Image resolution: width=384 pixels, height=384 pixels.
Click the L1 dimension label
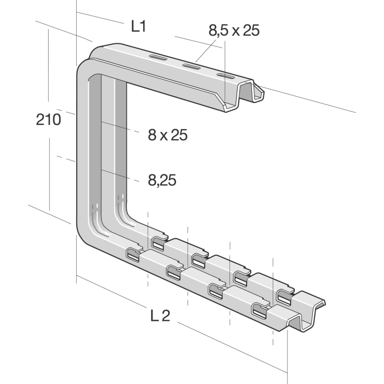point(138,27)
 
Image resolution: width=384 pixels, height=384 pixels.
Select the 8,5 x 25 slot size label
point(234,30)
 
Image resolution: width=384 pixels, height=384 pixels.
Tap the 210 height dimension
point(48,120)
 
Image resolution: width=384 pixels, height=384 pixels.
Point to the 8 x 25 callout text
point(167,135)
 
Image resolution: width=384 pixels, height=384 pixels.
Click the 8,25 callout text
point(161,180)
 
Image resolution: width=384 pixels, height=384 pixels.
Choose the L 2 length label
point(160,315)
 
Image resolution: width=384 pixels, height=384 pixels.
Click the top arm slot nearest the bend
point(158,57)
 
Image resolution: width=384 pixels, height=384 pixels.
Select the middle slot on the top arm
point(191,66)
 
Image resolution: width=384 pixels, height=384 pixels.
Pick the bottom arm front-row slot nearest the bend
point(134,255)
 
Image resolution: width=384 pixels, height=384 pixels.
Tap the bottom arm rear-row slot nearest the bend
point(158,242)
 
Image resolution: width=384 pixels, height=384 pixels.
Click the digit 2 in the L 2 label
point(166,315)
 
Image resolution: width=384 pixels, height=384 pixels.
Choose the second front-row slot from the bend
point(174,271)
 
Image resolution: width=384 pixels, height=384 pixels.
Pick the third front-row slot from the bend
point(216,289)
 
